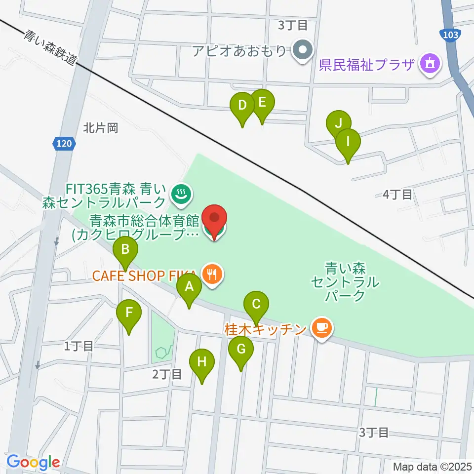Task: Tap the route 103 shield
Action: pos(450,35)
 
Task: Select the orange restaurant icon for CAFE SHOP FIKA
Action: pos(213,275)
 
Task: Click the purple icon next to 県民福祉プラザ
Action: pos(430,65)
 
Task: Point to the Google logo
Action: pos(33,462)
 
